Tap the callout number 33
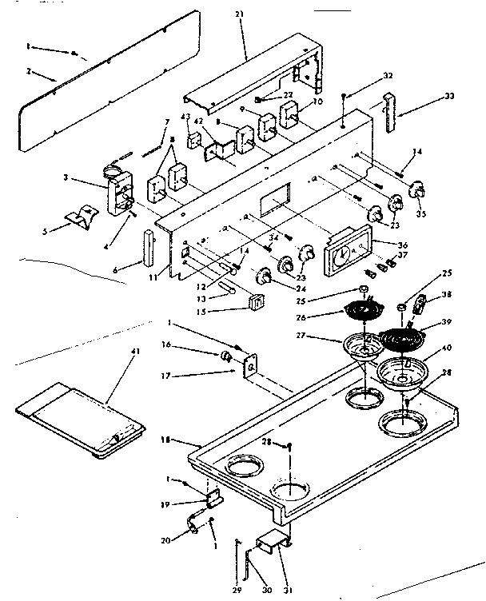(x=450, y=98)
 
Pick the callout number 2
(x=29, y=72)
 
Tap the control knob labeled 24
(x=265, y=277)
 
